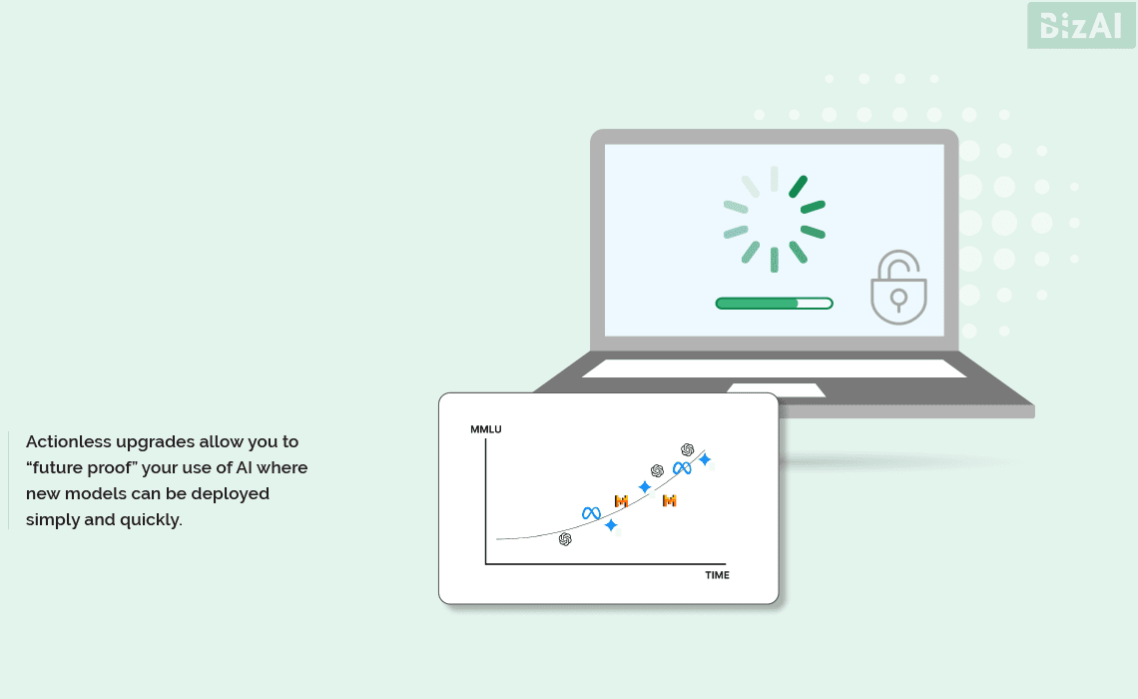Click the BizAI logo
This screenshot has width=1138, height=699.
[1081, 25]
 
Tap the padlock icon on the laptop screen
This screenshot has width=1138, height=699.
[898, 288]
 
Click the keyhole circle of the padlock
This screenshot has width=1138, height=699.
[899, 297]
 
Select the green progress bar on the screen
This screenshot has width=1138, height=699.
[774, 304]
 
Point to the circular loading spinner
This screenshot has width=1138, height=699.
[775, 220]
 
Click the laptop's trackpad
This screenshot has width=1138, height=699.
[776, 390]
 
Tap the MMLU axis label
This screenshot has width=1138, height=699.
[485, 429]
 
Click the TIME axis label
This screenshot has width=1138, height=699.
[717, 575]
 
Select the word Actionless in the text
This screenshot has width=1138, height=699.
[68, 441]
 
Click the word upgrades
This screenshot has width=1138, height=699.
[156, 442]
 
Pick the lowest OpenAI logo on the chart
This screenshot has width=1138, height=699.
[565, 539]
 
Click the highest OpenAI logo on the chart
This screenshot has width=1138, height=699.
[688, 450]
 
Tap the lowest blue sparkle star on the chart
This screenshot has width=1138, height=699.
[611, 525]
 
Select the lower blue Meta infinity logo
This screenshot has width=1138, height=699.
[592, 513]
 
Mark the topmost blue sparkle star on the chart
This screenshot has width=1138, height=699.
[704, 459]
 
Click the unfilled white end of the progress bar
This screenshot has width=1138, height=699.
[815, 304]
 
